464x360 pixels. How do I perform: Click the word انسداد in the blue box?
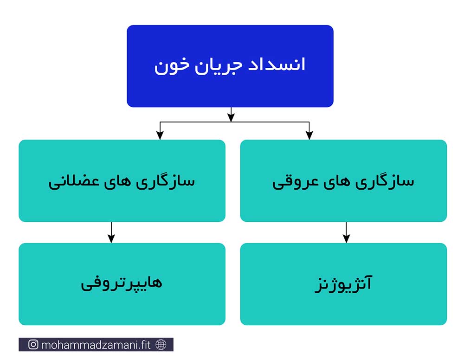click(277, 64)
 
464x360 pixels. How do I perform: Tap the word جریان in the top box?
click(219, 66)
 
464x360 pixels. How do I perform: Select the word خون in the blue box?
click(172, 66)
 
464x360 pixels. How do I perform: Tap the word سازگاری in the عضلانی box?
click(165, 180)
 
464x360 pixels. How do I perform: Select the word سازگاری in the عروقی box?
click(384, 180)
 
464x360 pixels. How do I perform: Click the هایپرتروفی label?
click(121, 283)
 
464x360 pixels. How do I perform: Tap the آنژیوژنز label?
click(343, 283)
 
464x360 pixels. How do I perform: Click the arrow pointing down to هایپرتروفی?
click(111, 232)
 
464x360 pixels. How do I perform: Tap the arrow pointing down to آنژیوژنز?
click(346, 232)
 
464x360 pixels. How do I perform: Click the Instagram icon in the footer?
click(33, 344)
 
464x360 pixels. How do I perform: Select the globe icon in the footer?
click(161, 344)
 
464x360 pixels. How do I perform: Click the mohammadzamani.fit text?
click(96, 345)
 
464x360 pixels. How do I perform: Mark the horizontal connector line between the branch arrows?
click(235, 122)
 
